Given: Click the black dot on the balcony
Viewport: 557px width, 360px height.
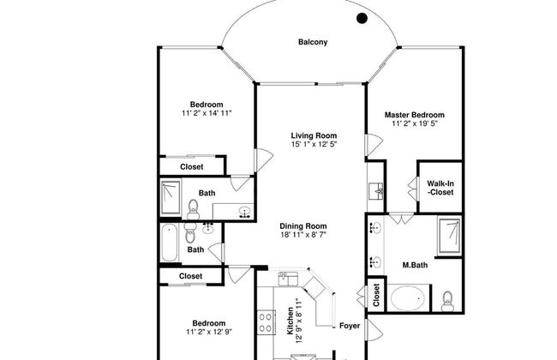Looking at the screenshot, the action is point(362,18).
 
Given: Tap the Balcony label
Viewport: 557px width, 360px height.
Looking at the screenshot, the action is point(313,42).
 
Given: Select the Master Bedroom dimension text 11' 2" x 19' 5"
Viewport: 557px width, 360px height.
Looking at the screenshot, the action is point(415,123).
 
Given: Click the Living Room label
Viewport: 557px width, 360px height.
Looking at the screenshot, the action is point(314,135).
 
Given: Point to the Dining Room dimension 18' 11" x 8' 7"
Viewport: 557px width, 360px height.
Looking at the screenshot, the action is point(303,235).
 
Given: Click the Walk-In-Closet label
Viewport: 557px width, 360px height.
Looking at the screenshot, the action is point(440,188).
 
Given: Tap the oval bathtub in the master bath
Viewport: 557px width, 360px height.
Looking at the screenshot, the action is point(407,298).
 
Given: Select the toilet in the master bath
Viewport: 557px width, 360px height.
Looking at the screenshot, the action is point(446,302).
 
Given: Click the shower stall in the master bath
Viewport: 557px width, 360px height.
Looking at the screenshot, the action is point(449,235).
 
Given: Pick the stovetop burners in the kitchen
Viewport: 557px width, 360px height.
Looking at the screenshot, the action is point(266,322).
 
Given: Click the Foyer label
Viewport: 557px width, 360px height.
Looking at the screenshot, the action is point(350,326).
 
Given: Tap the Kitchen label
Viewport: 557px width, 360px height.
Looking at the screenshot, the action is point(290,321).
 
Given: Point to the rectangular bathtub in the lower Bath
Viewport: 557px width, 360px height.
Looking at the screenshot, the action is point(170,243).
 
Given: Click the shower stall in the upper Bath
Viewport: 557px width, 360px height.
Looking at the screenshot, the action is point(171,197).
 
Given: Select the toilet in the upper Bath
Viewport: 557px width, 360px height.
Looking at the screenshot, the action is point(193,210).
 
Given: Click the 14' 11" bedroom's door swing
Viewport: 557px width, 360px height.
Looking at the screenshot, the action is point(264,160).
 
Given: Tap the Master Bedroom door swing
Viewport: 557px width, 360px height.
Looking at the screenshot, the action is point(374,145).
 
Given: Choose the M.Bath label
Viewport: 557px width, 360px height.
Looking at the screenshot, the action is point(415,265).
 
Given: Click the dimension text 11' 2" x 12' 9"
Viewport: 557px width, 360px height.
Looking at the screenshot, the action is point(209,332).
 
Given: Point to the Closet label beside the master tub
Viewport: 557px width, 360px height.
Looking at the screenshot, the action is point(376,295).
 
